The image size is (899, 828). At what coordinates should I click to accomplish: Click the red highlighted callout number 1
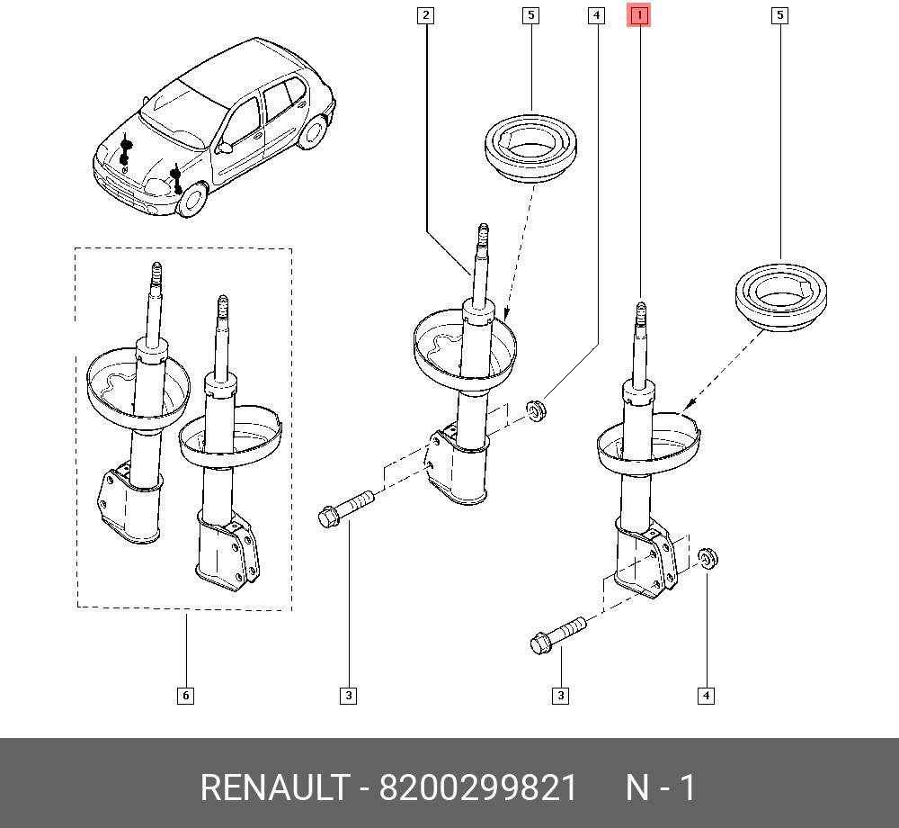[x=638, y=15]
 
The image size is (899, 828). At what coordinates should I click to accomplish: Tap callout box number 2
[x=425, y=15]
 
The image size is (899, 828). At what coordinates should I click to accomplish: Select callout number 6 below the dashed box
[x=185, y=696]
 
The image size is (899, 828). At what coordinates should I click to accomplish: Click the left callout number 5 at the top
[x=531, y=15]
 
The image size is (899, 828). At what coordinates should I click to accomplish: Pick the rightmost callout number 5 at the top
[x=779, y=15]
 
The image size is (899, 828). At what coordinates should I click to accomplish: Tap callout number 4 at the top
[x=596, y=15]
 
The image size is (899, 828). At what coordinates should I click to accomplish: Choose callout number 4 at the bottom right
[x=706, y=696]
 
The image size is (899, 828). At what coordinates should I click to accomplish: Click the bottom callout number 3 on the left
[x=348, y=696]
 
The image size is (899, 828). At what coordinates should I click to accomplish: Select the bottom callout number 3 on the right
[x=560, y=696]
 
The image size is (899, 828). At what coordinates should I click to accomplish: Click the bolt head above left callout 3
[x=328, y=517]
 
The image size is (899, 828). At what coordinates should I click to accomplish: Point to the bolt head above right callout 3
[x=540, y=643]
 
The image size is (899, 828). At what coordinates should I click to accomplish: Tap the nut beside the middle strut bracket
[x=536, y=410]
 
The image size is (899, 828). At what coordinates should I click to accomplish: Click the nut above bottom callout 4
[x=708, y=558]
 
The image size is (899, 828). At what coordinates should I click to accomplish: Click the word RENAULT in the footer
[x=274, y=787]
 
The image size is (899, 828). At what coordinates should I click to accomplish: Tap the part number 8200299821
[x=477, y=787]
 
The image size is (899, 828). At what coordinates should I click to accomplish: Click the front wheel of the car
[x=192, y=199]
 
